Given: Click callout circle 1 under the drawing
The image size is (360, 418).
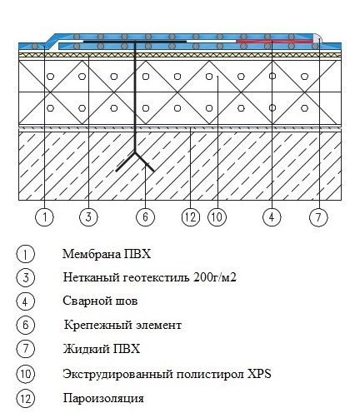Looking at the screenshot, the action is click(44, 217).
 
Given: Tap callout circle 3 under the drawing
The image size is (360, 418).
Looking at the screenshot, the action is click(88, 216).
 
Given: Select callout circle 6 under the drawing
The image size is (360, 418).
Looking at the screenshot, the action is click(145, 216).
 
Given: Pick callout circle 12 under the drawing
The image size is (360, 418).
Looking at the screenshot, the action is click(191, 217).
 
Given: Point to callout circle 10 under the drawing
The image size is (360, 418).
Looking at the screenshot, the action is click(217, 217).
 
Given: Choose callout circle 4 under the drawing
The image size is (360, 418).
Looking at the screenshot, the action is click(272, 216).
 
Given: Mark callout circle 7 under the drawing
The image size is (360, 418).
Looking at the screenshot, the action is click(318, 217).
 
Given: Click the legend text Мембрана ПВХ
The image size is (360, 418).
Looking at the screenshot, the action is click(107, 254).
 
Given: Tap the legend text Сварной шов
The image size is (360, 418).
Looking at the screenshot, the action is click(100, 301).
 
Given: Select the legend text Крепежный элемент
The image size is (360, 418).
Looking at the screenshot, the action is click(122, 325).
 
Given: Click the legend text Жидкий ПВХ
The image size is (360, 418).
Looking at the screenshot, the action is click(102, 349).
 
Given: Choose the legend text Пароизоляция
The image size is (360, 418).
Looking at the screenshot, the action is click(103, 399).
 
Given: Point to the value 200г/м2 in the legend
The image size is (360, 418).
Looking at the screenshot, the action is click(215, 277).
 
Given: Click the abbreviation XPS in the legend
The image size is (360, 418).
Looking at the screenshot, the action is click(259, 374).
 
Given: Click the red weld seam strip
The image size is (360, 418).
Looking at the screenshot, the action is click(274, 42).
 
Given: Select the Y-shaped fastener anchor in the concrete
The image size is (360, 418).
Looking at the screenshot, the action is click(135, 161).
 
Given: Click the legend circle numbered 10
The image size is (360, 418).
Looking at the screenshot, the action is click(26, 374).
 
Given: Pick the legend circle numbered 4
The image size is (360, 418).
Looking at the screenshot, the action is click(26, 301).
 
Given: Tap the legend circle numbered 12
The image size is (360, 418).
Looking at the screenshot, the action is click(26, 399).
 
